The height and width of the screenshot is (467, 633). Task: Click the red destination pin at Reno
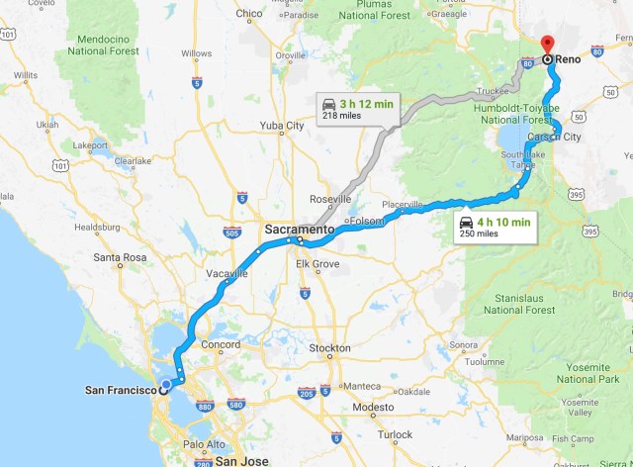(547, 45)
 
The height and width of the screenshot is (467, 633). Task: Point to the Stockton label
(329, 348)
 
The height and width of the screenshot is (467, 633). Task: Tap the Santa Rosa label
(121, 257)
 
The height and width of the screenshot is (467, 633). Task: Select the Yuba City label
(281, 126)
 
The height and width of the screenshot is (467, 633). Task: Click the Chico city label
(249, 13)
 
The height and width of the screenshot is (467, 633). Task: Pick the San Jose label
(241, 461)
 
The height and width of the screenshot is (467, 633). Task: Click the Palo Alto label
(205, 444)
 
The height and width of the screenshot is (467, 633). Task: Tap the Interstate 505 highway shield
(231, 233)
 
